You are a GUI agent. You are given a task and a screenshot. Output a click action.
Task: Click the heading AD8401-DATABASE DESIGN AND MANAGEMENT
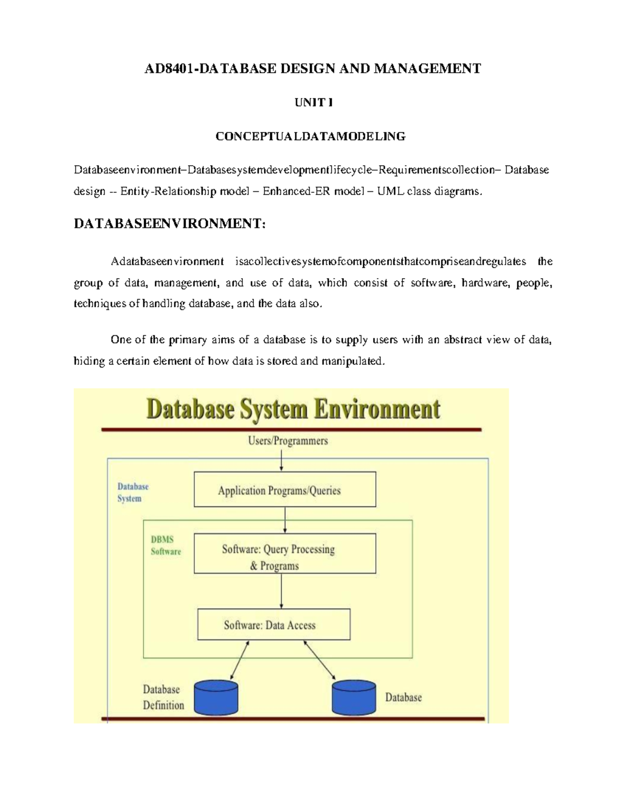[312, 68]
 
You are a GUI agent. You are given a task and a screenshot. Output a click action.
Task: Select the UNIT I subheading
[313, 102]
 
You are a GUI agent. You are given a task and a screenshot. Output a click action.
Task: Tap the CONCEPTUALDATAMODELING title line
[310, 136]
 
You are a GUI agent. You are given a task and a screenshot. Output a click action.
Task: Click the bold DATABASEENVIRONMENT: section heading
[170, 224]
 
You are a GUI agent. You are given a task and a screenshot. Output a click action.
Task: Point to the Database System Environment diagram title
[293, 409]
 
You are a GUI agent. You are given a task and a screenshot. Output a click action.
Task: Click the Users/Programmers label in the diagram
[288, 441]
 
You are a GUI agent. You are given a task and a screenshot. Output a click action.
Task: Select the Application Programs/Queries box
[285, 489]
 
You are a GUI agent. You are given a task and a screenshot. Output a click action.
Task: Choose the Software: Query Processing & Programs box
[285, 553]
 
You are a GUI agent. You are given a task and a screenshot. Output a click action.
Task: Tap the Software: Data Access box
[274, 624]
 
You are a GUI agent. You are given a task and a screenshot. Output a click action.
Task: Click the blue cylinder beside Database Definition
[216, 697]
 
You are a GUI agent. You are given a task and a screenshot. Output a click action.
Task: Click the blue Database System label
[133, 493]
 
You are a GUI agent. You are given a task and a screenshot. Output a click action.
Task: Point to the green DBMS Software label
[166, 545]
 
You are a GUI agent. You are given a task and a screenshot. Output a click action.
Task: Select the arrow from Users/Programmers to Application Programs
[282, 460]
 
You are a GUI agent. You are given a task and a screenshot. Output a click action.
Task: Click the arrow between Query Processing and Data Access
[282, 591]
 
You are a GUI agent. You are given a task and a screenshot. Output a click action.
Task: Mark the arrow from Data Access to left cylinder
[239, 660]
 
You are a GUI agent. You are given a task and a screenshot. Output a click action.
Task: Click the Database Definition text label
[163, 697]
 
